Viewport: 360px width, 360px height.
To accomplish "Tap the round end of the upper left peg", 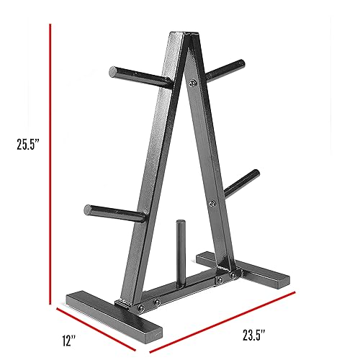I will tap(114, 71).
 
